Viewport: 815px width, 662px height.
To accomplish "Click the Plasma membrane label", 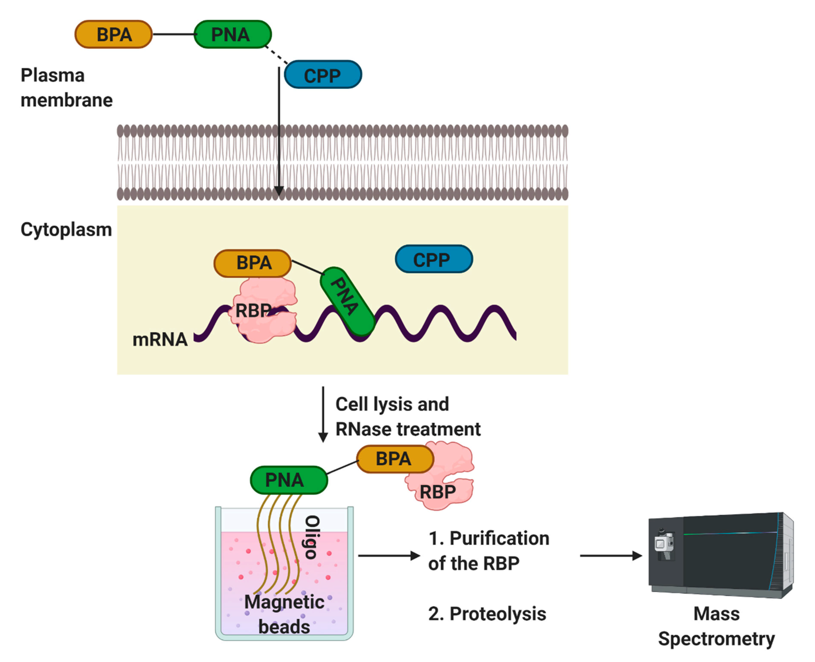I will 66,88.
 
